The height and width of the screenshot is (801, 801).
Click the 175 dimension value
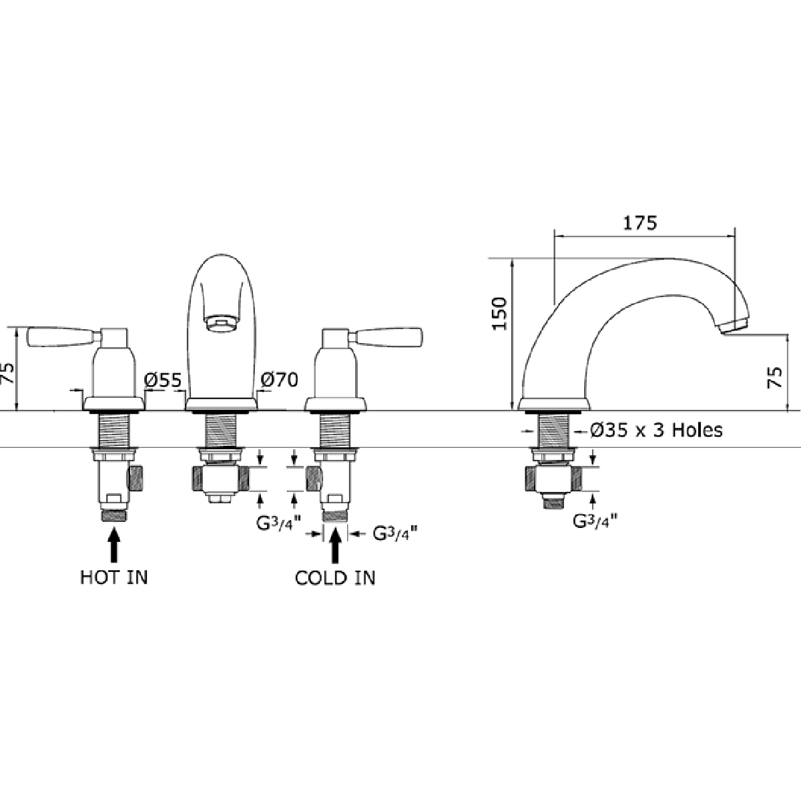click(x=640, y=223)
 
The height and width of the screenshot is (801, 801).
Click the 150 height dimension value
click(x=500, y=314)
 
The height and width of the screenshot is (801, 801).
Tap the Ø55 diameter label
click(x=164, y=380)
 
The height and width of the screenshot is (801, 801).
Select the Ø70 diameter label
click(x=279, y=380)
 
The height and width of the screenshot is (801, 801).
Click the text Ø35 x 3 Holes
click(x=656, y=431)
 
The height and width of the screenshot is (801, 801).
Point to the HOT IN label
click(x=114, y=578)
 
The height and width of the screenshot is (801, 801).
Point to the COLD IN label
click(x=335, y=578)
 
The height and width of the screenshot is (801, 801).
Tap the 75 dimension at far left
click(x=7, y=373)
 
